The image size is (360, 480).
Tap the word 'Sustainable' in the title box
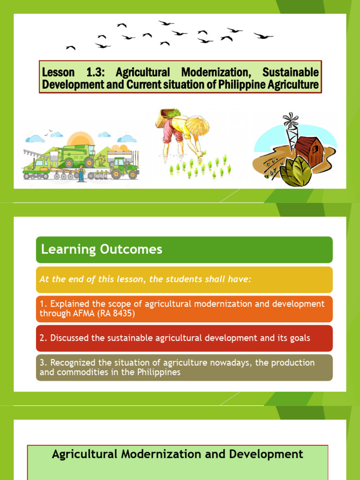pos(290,72)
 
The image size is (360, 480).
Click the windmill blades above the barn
pos(291,120)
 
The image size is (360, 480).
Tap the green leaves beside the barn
pos(295,172)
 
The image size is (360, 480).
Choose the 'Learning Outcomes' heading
pos(102,249)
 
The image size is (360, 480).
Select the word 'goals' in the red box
pos(299,338)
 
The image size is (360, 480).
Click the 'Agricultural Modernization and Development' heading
pos(177,454)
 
